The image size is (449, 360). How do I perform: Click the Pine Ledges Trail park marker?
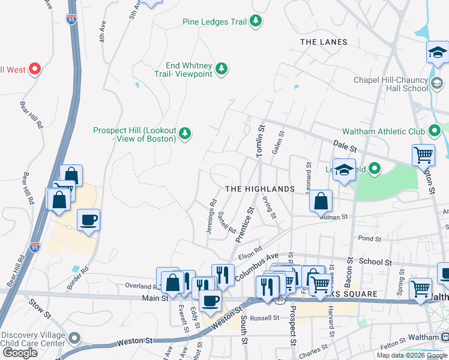click(256, 22)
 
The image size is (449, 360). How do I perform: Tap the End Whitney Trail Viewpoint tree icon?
click(221, 69)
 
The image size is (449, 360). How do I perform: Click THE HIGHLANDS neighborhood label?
click(260, 188)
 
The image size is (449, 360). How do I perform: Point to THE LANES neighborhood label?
click(324, 42)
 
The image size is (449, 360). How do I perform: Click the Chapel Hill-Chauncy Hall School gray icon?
click(437, 82)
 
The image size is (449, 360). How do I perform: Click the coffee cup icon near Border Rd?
click(88, 220)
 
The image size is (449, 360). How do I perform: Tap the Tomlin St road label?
click(261, 142)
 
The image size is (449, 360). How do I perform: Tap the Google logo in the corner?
click(20, 353)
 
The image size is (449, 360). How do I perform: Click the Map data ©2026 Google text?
click(411, 355)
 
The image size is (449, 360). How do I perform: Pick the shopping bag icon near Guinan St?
click(321, 201)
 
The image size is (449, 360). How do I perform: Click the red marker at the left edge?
click(34, 70)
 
